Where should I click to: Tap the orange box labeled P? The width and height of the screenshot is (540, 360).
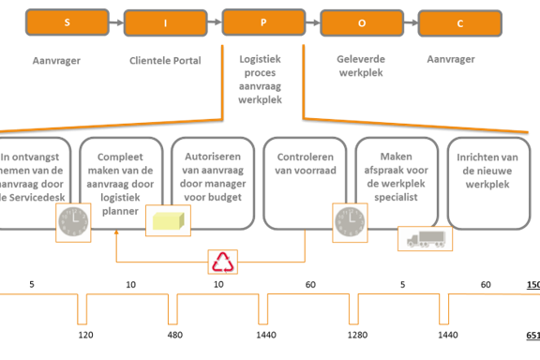click(x=262, y=20)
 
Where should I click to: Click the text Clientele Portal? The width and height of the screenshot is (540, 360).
click(x=165, y=61)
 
